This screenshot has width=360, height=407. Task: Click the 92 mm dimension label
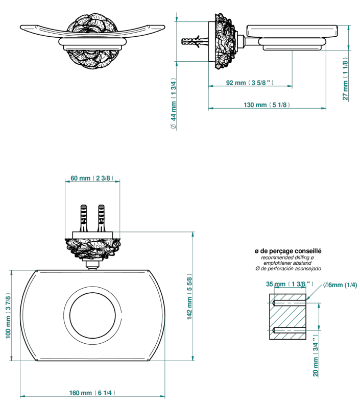(250, 83)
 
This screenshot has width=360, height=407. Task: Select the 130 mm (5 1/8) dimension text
(267, 105)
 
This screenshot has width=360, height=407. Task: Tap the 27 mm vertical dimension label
(345, 79)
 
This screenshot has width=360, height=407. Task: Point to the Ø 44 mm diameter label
(174, 104)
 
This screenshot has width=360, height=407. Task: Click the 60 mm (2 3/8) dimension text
(92, 178)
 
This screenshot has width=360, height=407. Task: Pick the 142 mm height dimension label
(189, 297)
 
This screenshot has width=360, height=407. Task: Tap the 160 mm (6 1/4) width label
(92, 393)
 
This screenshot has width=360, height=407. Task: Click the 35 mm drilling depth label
(290, 284)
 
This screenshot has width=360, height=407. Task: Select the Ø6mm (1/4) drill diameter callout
(340, 285)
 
